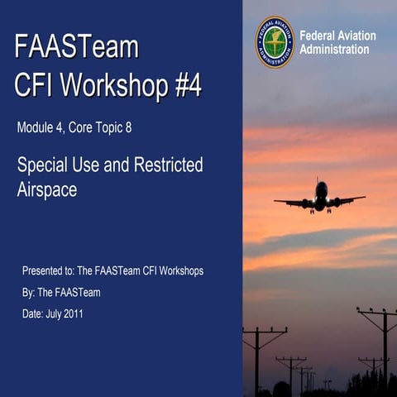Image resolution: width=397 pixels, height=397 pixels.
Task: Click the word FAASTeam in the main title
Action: (76, 47)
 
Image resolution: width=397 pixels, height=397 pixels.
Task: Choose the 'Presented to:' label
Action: (47, 270)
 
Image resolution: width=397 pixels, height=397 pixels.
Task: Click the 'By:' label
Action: (29, 292)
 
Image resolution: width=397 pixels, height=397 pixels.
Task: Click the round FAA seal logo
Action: (275, 41)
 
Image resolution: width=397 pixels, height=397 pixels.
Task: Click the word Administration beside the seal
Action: (334, 50)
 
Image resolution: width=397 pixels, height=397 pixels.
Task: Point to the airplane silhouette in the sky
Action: (320, 198)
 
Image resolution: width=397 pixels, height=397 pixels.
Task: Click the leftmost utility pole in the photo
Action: (259, 356)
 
